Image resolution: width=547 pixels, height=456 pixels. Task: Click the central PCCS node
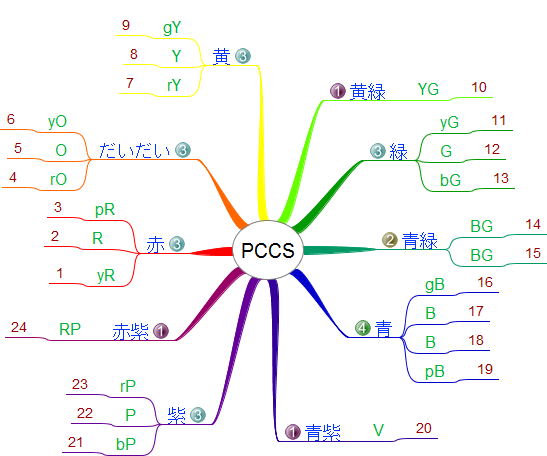(268, 250)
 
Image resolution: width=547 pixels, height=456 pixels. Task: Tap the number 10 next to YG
(479, 87)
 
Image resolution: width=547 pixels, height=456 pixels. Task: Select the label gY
(172, 28)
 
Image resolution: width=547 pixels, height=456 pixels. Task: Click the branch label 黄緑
(368, 92)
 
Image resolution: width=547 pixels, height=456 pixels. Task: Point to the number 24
(18, 327)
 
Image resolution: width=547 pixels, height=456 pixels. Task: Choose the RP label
(70, 329)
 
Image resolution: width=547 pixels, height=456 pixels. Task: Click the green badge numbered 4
(363, 328)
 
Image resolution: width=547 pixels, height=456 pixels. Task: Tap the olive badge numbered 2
(390, 240)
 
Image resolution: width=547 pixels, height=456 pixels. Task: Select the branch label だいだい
(135, 150)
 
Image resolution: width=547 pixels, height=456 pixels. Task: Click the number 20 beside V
(424, 428)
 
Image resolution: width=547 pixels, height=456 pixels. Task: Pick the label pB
(435, 371)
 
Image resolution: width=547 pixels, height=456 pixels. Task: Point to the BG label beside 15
(481, 255)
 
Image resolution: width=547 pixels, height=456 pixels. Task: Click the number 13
(501, 178)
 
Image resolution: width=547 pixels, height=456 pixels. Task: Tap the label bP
(126, 444)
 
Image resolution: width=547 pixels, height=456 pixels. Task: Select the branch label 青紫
(323, 433)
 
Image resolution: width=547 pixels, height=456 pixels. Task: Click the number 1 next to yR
(60, 273)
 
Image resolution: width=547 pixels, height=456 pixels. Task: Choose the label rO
(58, 179)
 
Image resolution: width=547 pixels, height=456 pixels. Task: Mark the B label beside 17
(430, 313)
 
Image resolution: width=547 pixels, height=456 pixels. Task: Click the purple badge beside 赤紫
(161, 331)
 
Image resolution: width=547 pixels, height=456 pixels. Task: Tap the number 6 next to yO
(11, 119)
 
